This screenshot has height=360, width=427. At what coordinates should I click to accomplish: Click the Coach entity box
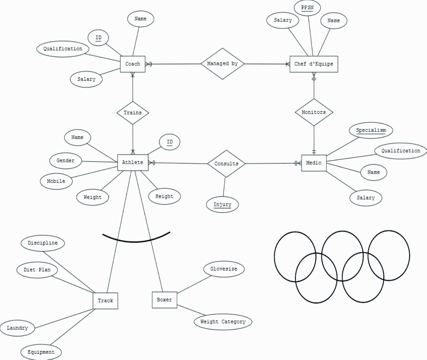coord(133,64)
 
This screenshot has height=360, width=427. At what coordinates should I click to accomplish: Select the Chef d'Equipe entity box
coord(314,64)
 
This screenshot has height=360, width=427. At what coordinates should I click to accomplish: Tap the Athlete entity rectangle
coord(133,162)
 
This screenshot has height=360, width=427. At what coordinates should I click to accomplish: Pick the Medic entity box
coord(314,163)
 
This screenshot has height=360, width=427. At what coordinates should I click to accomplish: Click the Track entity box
coord(105,300)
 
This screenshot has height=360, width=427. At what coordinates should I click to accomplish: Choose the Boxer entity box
coord(164,300)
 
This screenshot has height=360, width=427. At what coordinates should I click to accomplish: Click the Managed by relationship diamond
coord(222,64)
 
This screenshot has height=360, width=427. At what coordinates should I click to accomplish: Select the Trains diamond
coord(133,112)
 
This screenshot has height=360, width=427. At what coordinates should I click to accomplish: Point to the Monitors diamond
coord(314,112)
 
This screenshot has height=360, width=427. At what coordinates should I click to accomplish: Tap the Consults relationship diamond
coord(226,164)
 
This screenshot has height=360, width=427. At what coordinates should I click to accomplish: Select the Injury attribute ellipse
coord(223,205)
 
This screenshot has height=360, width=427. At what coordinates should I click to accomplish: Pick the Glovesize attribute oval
coord(224,269)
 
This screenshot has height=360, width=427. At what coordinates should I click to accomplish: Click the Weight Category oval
coord(223,322)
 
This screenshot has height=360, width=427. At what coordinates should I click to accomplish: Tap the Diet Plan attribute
coord(37,270)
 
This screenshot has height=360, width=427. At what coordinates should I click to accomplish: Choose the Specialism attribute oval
coord(371,130)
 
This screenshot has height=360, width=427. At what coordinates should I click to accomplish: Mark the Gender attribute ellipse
coord(65,160)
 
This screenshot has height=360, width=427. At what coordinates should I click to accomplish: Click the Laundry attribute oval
coord(18,328)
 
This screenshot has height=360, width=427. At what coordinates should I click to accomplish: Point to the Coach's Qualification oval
coord(63,49)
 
